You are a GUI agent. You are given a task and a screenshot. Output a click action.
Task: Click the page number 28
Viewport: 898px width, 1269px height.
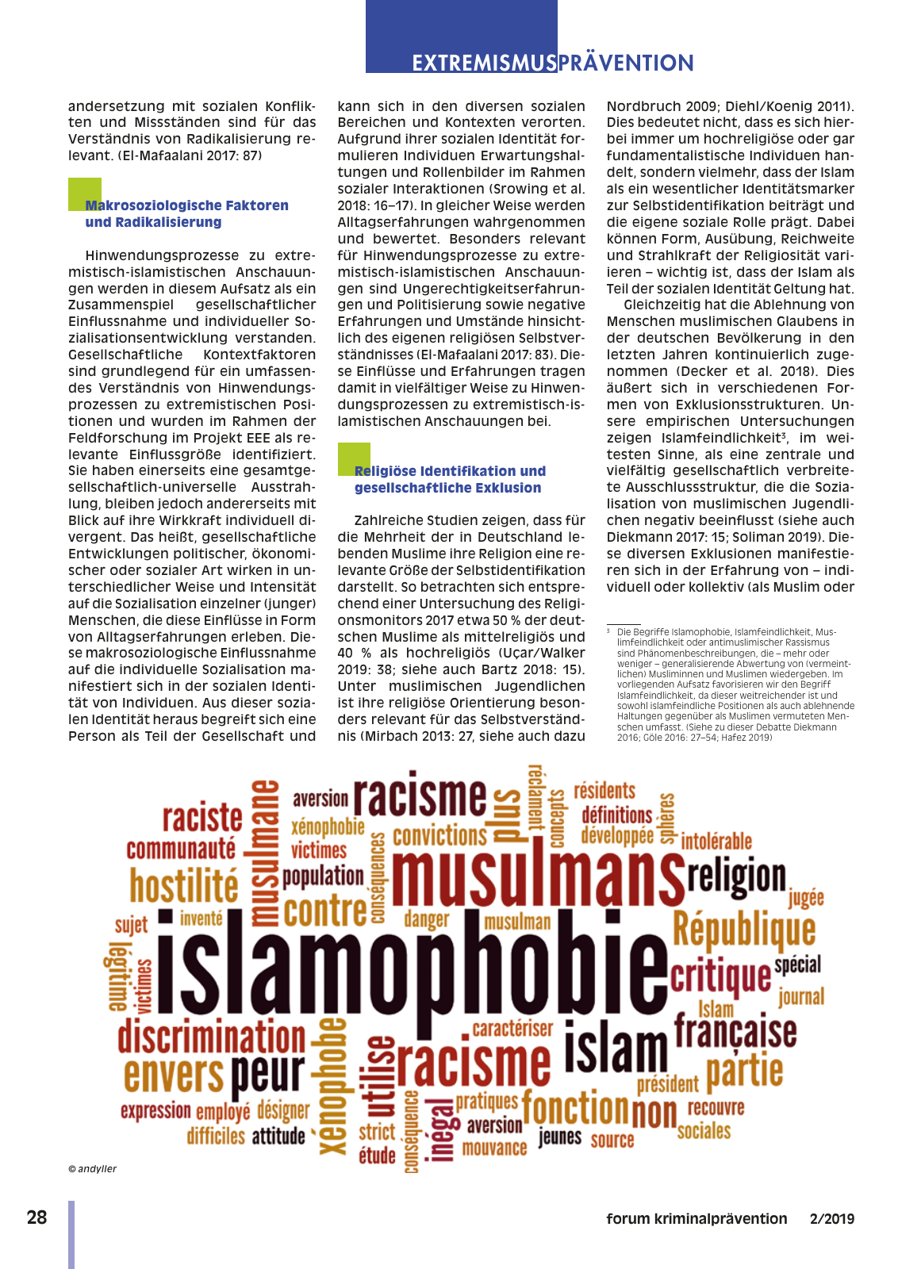coord(37,1217)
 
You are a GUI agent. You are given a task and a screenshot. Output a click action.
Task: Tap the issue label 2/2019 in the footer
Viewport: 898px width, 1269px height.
coord(832,1219)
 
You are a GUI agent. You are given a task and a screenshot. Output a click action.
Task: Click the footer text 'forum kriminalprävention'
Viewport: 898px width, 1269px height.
coord(697,1219)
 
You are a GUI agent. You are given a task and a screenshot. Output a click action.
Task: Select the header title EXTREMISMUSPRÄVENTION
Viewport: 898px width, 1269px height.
coord(553,63)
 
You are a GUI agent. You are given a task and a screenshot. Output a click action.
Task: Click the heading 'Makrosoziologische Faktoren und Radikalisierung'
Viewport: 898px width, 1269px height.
coord(186,213)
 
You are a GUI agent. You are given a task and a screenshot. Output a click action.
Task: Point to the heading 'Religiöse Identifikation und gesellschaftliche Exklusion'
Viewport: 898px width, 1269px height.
coord(450,479)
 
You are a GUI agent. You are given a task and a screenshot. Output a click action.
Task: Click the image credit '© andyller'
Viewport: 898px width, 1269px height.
coord(93,1168)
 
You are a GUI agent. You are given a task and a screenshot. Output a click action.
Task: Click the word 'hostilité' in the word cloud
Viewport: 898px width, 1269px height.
coord(184,886)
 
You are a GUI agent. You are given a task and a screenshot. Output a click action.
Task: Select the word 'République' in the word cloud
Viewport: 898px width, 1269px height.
coord(744,930)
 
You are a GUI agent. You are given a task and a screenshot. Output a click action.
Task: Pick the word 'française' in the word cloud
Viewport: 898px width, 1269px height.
coord(735,1030)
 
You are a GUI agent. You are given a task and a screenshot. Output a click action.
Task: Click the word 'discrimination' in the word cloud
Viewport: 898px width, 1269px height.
coord(212,1037)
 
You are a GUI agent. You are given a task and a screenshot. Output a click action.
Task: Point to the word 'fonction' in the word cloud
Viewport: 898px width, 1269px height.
coord(575,1107)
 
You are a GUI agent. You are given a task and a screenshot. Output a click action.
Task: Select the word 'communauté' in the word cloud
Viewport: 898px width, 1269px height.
coord(181,849)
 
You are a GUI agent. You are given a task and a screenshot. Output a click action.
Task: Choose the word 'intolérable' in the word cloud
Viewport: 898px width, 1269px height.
coord(716,841)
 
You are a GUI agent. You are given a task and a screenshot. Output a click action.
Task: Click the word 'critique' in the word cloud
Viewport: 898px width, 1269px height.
coord(720,976)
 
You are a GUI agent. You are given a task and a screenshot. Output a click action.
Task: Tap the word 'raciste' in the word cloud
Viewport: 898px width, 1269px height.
coord(202,818)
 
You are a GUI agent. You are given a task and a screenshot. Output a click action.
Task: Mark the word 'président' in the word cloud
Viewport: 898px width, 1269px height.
coord(667,1084)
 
